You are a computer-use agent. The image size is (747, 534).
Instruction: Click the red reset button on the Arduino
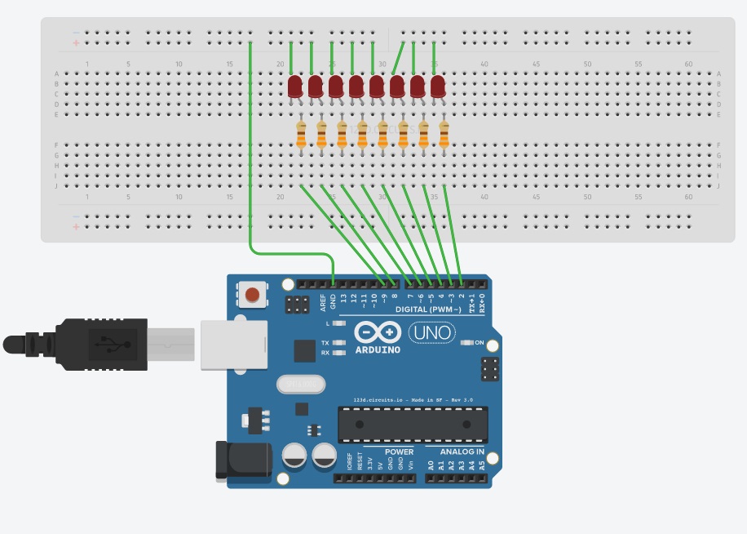[x=253, y=295]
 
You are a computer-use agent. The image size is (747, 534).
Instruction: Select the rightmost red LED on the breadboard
[x=438, y=87]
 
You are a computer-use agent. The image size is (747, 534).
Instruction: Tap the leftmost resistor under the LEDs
[x=301, y=135]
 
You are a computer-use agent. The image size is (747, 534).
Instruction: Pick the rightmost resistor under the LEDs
[x=444, y=135]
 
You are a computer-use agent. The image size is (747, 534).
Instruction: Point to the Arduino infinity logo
[x=378, y=333]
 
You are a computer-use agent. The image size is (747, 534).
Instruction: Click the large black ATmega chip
[x=413, y=422]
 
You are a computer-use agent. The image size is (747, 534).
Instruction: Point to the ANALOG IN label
[x=462, y=452]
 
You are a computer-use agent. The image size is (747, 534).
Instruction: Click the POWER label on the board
[x=397, y=452]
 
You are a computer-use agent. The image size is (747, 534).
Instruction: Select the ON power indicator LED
[x=466, y=342]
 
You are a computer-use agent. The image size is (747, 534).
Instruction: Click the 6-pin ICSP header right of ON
[x=490, y=369]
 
